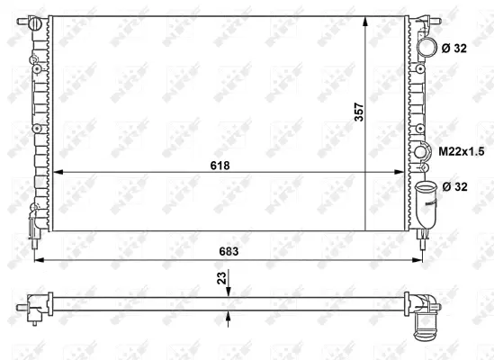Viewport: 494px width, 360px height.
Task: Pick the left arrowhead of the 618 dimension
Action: point(56,173)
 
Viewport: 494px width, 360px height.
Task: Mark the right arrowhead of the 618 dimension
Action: point(403,173)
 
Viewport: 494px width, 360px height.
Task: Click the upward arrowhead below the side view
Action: point(230,312)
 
